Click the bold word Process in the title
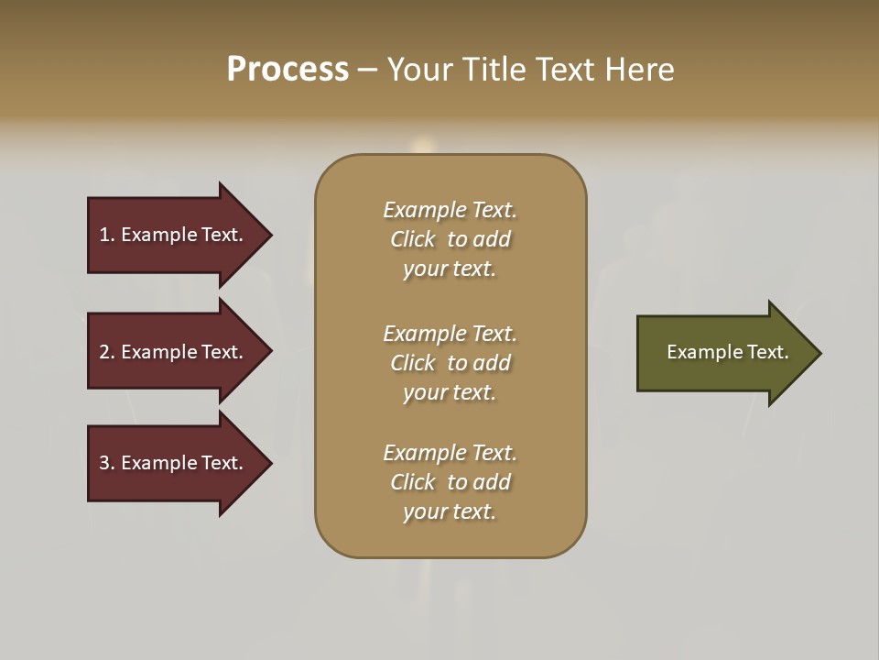288,70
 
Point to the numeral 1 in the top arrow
104,235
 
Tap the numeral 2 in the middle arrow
104,352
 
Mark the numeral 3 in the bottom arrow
104,463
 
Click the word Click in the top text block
413,239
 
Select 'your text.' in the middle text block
450,392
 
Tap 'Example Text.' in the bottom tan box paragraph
450,453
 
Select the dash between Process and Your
367,70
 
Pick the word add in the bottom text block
492,482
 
